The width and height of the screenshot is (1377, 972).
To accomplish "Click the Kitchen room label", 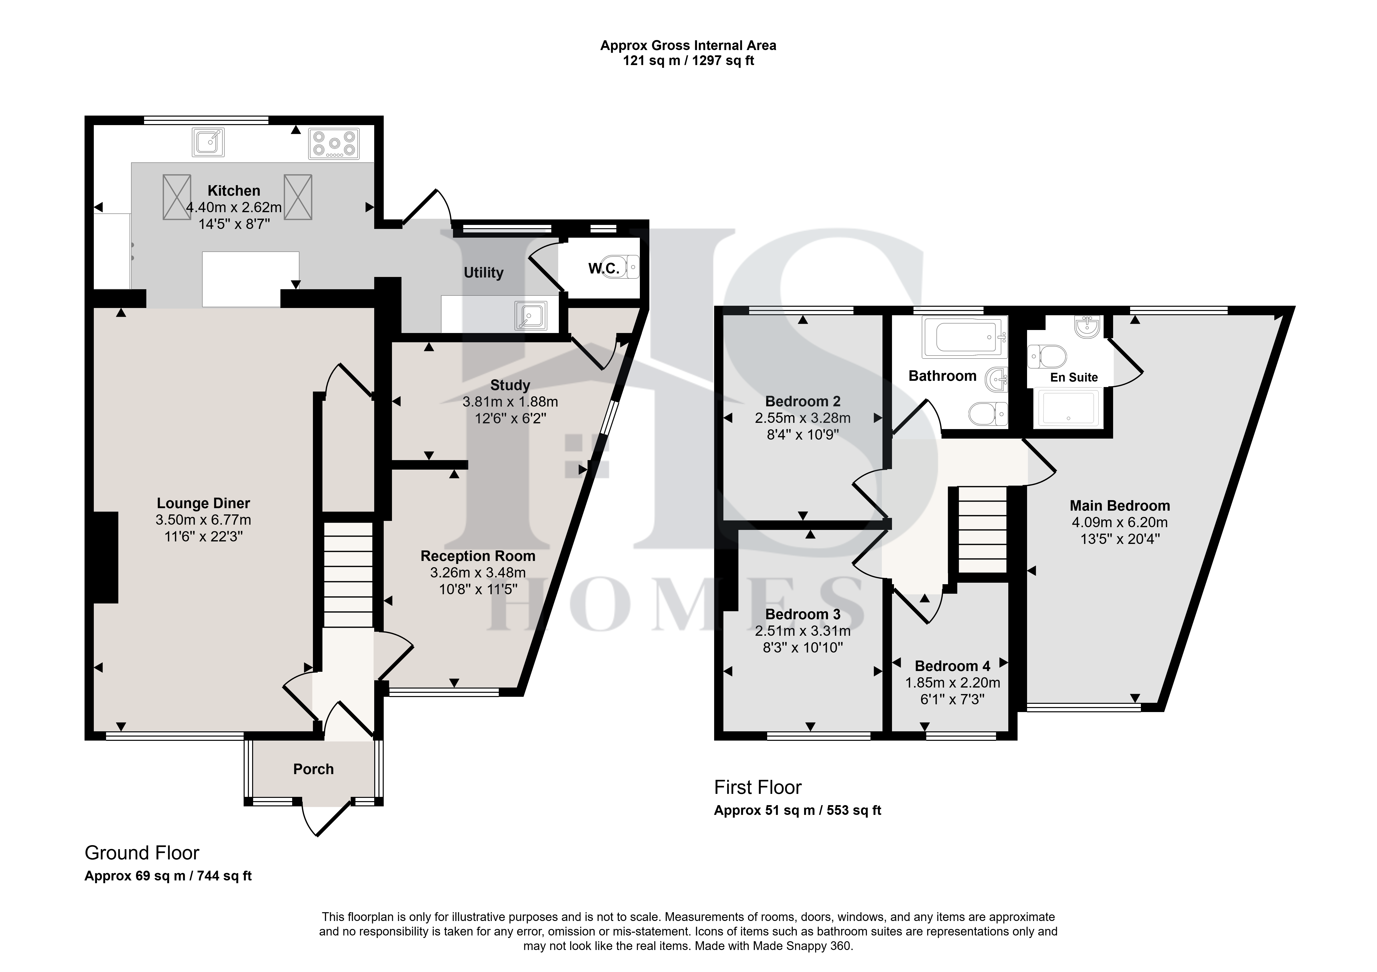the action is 234,191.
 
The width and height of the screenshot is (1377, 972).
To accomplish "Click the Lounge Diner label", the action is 203,503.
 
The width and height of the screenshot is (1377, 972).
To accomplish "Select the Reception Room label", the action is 478,556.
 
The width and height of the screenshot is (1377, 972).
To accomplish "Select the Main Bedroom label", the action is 1120,506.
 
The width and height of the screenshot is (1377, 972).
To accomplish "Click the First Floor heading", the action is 757,787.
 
